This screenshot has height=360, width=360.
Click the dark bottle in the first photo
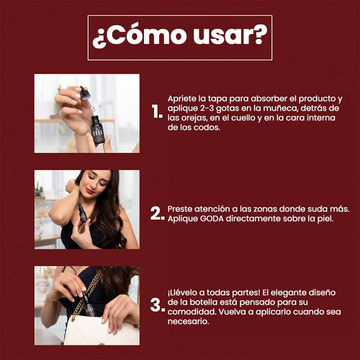point(97,130)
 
